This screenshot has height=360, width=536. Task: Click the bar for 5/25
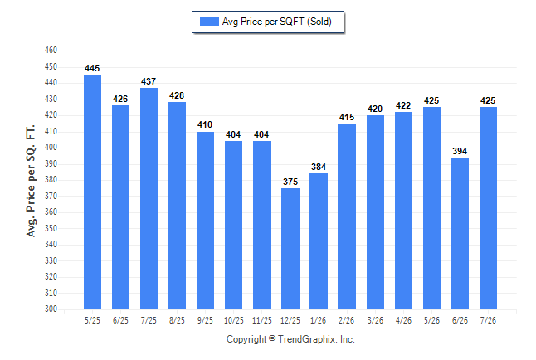coord(92,192)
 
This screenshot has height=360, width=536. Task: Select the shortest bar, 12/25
coord(290,249)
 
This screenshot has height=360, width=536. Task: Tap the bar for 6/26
coord(460,234)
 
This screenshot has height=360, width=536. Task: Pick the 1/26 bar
coord(319,241)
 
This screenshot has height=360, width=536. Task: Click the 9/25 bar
coord(205,221)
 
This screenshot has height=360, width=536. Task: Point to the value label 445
coord(92,68)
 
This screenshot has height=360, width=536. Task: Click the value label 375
coord(290,182)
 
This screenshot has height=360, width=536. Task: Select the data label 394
coord(460,151)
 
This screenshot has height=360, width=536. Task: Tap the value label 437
coord(149,81)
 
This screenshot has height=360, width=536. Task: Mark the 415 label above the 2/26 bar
coord(347,117)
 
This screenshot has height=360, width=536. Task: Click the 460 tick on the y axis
coord(51,51)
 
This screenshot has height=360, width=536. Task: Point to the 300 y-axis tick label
coord(51,309)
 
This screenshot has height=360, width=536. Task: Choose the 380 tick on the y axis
coord(51,179)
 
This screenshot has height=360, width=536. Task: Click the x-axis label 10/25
coord(234,321)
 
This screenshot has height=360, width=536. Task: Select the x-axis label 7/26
coord(488,321)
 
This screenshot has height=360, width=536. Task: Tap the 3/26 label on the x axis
coord(375,321)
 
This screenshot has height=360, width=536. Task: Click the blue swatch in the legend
coord(209,22)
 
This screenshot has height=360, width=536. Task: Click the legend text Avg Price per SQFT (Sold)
coord(277,22)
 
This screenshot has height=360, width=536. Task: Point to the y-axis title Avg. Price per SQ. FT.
coord(31,181)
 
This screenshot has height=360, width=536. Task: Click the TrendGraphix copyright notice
coord(290,339)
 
